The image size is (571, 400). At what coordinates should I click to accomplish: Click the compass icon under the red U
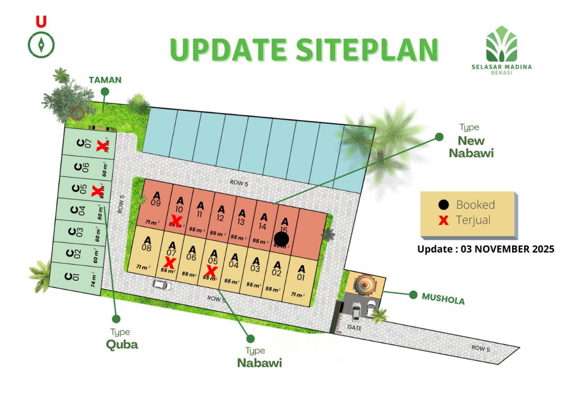coord(41,44)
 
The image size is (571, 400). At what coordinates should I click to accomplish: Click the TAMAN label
coord(105,80)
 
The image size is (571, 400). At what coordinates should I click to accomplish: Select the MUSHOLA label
coord(443,298)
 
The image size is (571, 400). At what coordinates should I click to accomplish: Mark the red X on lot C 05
coord(96,191)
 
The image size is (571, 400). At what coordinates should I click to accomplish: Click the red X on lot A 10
coord(176,220)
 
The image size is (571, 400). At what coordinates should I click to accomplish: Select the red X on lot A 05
coord(211,271)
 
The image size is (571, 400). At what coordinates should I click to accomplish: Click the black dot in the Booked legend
coord(443,205)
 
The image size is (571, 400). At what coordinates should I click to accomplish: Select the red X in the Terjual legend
coord(443,220)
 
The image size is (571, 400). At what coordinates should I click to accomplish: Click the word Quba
coord(122,345)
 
